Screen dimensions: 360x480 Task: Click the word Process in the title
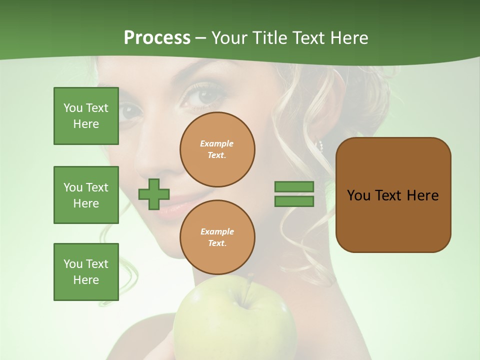[157, 38]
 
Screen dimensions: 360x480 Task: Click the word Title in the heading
[269, 38]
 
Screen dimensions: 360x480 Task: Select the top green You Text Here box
[86, 116]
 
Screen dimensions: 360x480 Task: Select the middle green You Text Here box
[86, 195]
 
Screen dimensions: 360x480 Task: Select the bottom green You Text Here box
[86, 272]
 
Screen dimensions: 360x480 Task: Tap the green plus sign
[154, 194]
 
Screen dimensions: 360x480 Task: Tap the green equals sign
[294, 194]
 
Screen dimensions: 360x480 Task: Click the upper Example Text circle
[217, 149]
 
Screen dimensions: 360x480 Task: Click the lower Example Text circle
[217, 237]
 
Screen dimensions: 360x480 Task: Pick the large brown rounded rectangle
[393, 195]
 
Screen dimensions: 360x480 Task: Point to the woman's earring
[320, 146]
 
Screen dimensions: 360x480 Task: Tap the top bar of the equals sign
[294, 187]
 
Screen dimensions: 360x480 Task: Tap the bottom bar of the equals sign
[294, 201]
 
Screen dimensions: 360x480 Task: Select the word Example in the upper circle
[217, 143]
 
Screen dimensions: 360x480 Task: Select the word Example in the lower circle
[217, 231]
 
